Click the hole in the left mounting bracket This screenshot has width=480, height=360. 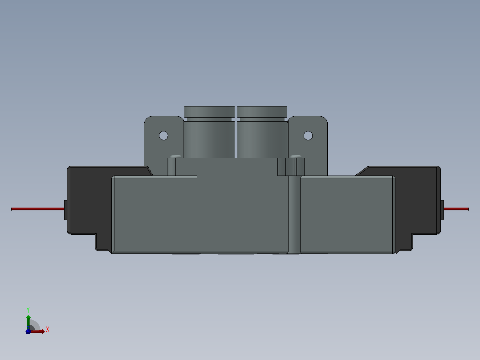(x=163, y=135)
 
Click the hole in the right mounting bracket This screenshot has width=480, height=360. (x=308, y=135)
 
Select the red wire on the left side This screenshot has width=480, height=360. (x=38, y=209)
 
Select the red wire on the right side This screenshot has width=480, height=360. (x=456, y=209)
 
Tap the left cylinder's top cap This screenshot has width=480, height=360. (x=209, y=111)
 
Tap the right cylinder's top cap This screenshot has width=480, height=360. (x=262, y=111)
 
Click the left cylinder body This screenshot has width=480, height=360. (x=209, y=139)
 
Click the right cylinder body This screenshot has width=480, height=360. (x=262, y=139)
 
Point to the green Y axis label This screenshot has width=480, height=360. (x=28, y=310)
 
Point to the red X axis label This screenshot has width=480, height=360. (x=48, y=330)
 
